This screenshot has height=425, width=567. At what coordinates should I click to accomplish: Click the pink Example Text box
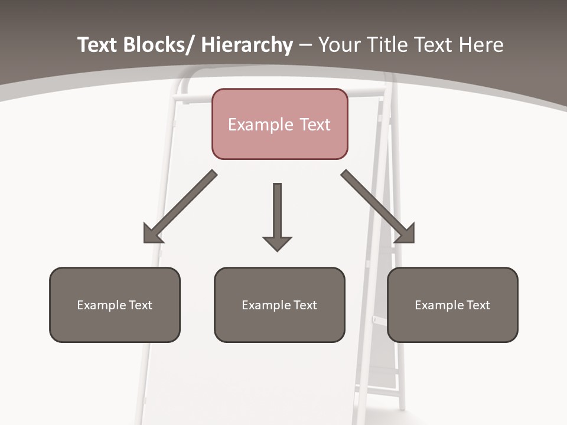point(279,124)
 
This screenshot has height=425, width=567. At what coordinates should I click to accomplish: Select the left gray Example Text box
point(115,305)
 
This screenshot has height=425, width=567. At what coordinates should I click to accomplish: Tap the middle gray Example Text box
point(279,305)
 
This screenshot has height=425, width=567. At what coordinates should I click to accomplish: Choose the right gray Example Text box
point(452,305)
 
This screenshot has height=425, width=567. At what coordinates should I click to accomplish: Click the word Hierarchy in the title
point(247,45)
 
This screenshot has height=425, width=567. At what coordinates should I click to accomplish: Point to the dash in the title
point(305,45)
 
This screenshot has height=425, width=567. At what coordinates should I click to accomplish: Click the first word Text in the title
point(97,45)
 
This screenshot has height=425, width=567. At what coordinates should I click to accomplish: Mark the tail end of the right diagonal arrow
point(346,174)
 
